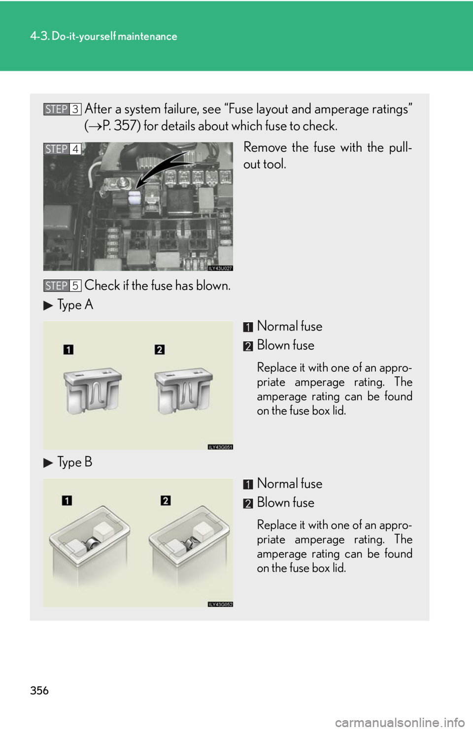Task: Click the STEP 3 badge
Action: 62,109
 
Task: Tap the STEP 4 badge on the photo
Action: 62,149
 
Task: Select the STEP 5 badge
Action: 62,286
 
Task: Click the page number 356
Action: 39,691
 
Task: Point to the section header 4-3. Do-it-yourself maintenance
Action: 104,36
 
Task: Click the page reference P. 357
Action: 120,126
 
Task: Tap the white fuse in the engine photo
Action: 135,198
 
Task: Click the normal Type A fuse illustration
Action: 93,391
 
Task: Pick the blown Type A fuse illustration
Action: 184,391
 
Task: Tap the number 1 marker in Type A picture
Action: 68,350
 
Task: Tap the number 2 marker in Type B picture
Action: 166,500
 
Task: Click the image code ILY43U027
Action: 220,268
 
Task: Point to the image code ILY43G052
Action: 220,604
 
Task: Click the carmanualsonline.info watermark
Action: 400,723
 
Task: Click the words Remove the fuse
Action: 289,147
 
